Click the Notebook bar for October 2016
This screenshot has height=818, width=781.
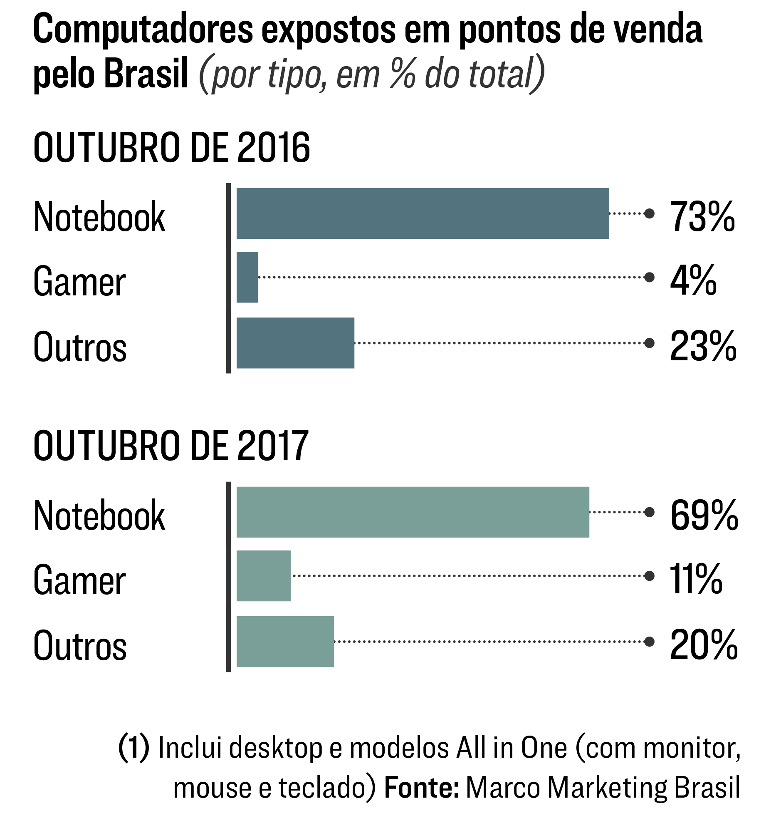point(423,213)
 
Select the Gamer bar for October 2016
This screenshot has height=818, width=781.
point(247,277)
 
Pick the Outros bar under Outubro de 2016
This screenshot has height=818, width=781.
point(295,343)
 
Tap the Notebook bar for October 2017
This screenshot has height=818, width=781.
point(413,512)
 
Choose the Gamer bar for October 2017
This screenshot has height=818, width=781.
point(264,575)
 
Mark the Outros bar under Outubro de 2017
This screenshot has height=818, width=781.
point(285,642)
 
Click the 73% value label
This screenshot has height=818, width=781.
point(702,217)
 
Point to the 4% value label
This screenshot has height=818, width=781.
point(693,280)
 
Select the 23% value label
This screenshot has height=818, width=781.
point(703,346)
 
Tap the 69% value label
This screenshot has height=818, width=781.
point(704,515)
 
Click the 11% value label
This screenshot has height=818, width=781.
point(696,579)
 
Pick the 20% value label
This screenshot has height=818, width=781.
point(704,645)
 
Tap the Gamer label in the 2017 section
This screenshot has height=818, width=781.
point(79,580)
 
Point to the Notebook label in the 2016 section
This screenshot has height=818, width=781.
point(99,217)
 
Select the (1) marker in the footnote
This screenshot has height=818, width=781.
point(133,748)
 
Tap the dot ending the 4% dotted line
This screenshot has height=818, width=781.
point(649,277)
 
